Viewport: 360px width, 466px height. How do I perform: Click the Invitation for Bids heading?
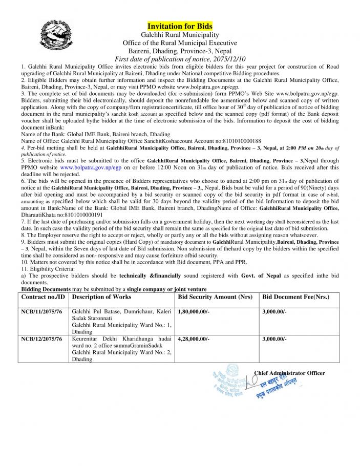[180, 26]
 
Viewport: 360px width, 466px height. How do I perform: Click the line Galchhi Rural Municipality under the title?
[180, 35]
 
